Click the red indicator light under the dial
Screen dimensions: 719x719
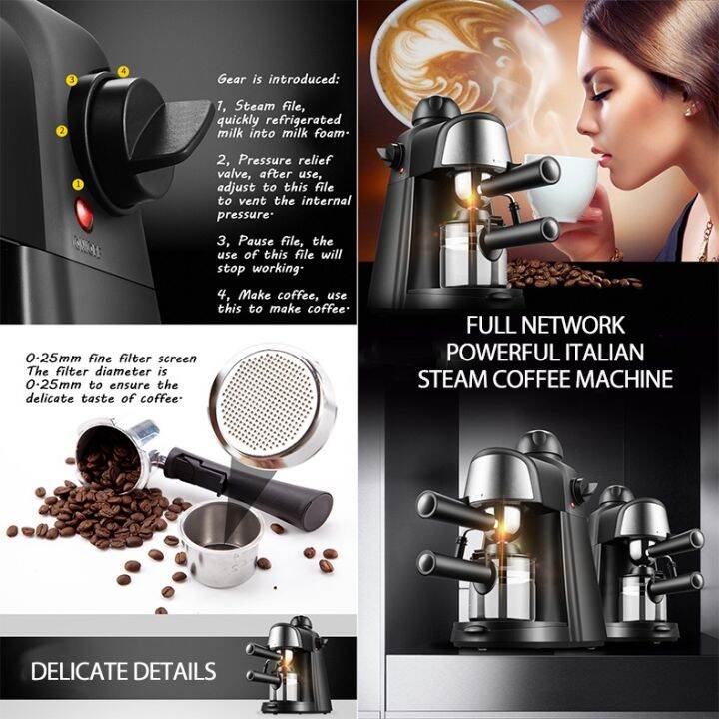[82, 213]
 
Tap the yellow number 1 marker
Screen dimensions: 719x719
[77, 184]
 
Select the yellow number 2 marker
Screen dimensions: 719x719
[62, 130]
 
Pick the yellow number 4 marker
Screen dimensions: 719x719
[123, 71]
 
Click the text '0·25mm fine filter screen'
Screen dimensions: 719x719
[97, 358]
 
